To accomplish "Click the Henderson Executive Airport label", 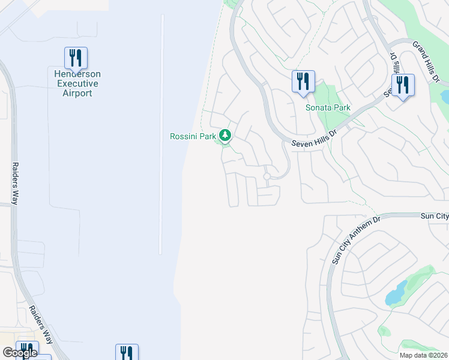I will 76,83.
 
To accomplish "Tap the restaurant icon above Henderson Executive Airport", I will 76,58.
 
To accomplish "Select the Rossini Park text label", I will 192,136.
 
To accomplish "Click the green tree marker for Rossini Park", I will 225,136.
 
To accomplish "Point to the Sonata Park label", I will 328,108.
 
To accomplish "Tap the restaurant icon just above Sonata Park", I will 303,82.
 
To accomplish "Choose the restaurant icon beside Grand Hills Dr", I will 402,85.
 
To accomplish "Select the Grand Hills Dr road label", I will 427,61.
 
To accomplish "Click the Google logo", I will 20,353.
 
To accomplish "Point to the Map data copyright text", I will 423,355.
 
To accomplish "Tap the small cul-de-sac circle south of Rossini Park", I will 267,176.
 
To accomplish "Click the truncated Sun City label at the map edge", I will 434,216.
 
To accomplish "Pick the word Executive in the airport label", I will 76,83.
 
